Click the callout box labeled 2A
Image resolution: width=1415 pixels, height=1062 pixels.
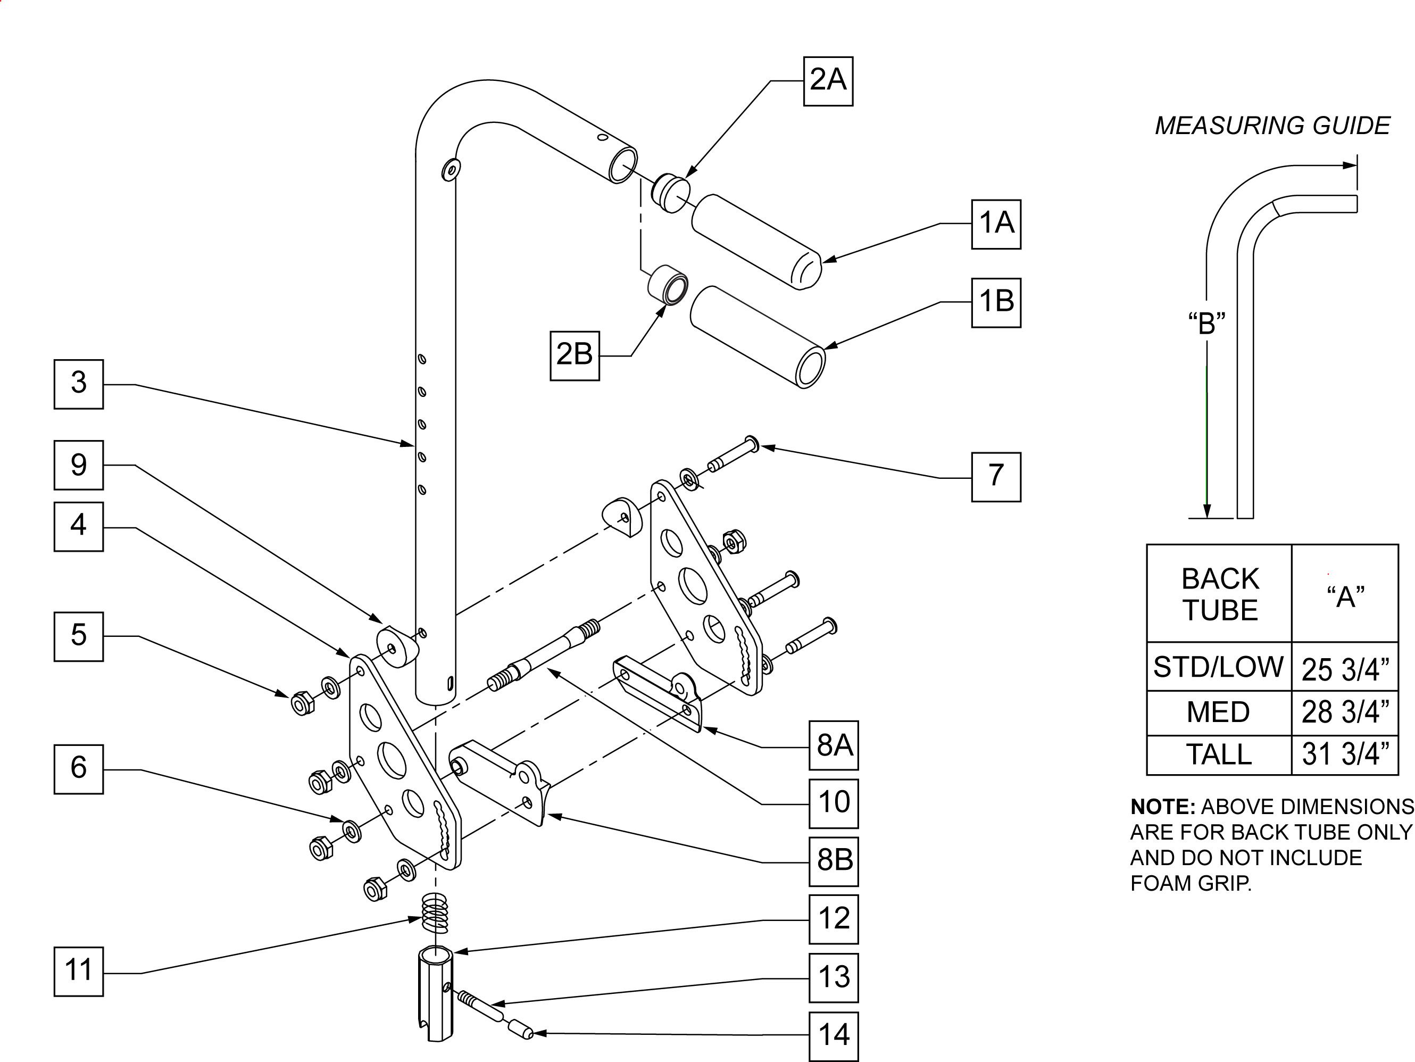click(828, 81)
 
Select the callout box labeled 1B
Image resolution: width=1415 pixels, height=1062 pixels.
click(996, 303)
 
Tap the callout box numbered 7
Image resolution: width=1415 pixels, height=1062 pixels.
click(996, 477)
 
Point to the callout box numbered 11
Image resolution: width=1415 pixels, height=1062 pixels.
click(79, 971)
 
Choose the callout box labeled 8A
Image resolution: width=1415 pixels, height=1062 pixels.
click(834, 745)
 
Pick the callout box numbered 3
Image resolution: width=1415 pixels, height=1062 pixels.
click(79, 384)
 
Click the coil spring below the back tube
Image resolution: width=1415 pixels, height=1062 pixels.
click(436, 914)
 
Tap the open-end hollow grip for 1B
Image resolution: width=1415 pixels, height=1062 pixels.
click(758, 336)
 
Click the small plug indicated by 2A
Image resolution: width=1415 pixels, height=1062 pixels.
click(670, 192)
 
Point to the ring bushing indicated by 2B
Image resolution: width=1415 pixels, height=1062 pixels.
click(668, 285)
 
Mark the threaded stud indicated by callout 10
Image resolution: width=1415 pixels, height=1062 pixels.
click(544, 655)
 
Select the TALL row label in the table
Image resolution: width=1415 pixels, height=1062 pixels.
click(1219, 754)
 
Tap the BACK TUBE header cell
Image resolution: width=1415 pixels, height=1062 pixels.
click(1220, 594)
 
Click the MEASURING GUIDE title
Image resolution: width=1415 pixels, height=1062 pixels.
click(1272, 126)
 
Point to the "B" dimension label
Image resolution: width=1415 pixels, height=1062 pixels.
click(1207, 323)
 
